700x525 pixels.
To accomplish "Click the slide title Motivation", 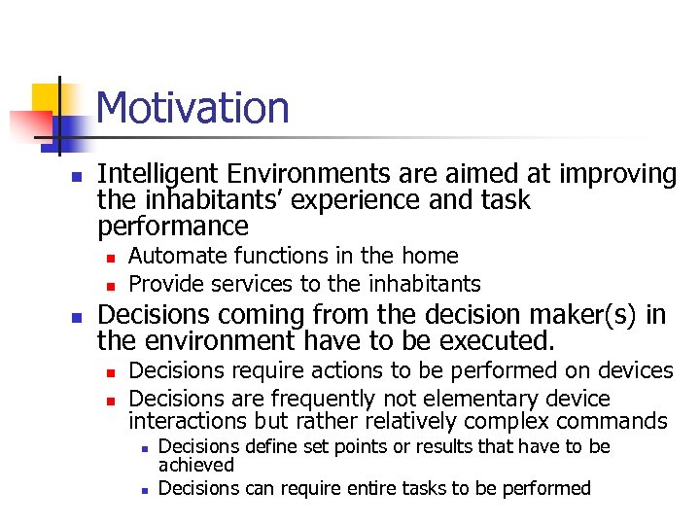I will coord(192,107).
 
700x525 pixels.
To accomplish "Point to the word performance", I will coord(173,227).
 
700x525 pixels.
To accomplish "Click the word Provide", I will coord(164,284).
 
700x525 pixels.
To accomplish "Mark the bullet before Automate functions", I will coord(111,258).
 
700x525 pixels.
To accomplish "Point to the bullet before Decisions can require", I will coord(141,490).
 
